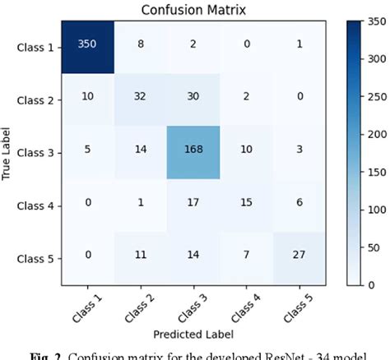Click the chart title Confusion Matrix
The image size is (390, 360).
tap(196, 11)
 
